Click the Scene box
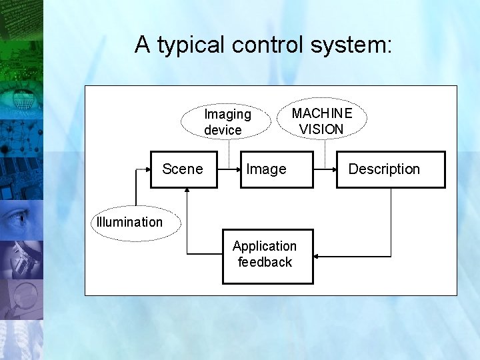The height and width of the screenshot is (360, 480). point(183,169)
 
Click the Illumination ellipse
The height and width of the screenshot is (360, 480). point(137,222)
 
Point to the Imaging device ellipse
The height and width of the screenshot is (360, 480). point(228,121)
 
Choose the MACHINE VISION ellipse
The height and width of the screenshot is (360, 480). point(322,120)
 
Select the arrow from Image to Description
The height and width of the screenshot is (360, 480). point(324,169)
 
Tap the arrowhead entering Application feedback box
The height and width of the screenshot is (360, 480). point(317,255)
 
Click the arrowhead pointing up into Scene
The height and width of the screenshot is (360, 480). point(188,191)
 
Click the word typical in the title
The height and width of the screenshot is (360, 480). point(194,45)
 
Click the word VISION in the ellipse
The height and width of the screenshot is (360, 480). point(321,129)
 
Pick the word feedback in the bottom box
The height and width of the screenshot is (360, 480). point(265,262)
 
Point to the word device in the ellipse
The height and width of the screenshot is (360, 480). point(223,130)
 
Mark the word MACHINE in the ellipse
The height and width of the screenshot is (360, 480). point(322,113)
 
